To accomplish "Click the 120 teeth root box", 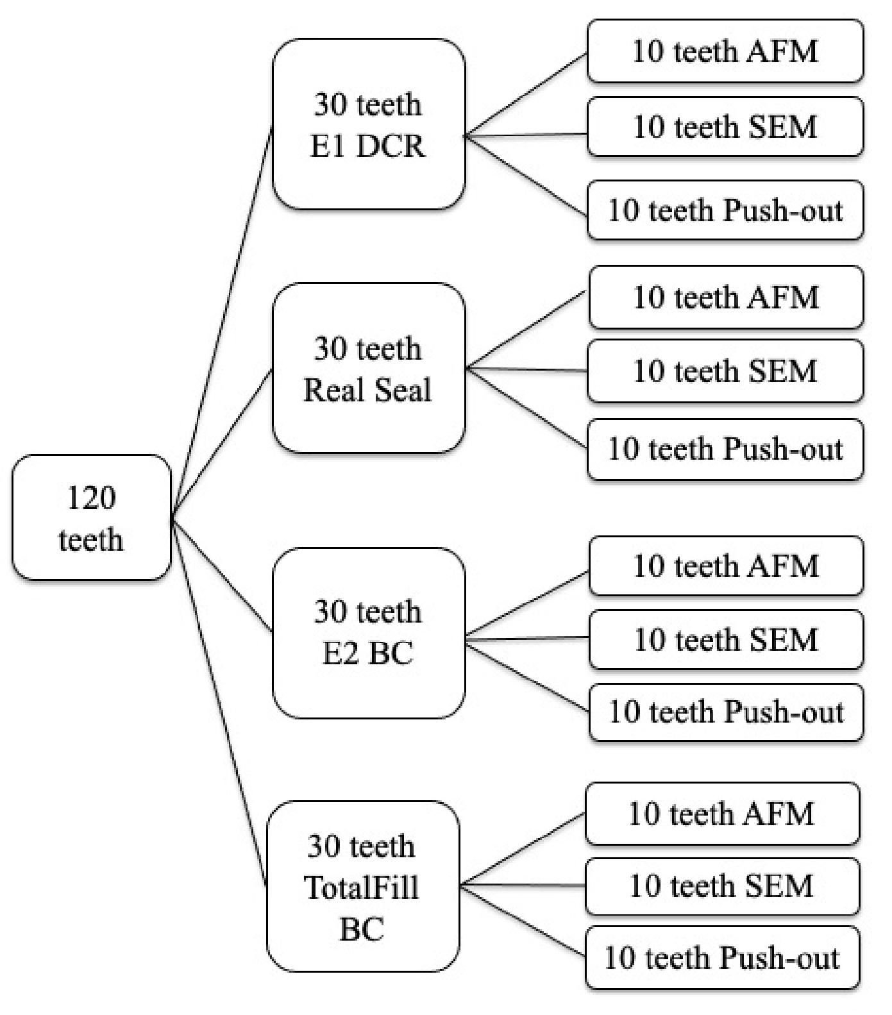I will point(92,517).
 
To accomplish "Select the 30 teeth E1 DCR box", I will point(368,124).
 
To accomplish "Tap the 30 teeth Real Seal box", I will point(368,369).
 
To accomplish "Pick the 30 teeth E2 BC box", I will point(368,632).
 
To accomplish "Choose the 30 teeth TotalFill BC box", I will point(362,886).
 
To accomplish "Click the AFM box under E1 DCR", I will point(725,51).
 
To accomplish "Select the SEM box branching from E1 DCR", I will point(725,127).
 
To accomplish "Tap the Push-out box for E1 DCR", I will point(725,210).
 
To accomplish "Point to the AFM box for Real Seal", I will point(725,298).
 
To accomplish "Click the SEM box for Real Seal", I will point(725,371).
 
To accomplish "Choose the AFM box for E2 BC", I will point(725,566).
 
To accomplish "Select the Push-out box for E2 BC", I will point(725,712).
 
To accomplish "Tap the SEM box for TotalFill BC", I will point(721,886).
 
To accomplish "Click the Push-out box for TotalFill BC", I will point(721,958).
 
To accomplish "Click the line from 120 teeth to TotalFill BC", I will point(220,705).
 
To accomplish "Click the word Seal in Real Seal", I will point(402,390).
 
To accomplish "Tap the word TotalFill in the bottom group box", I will point(362,888).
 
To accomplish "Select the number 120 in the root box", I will point(92,498).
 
